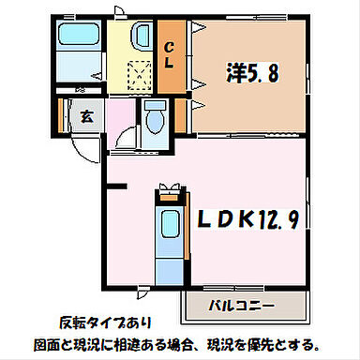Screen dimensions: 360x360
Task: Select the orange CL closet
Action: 170,56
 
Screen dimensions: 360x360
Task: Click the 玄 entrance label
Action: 85,118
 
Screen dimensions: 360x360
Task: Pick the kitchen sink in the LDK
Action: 169,224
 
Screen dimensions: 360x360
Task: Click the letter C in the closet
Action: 169,48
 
